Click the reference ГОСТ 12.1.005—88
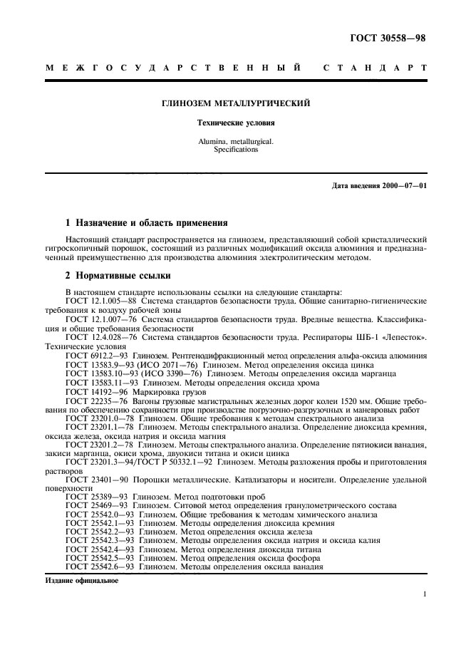(97, 301)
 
